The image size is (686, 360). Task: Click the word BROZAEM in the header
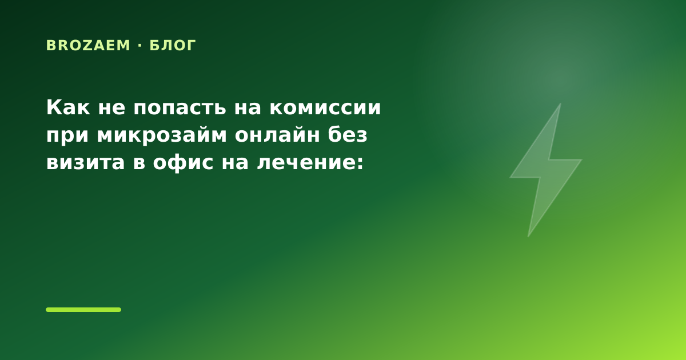click(x=88, y=46)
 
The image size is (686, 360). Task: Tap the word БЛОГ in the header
click(x=173, y=46)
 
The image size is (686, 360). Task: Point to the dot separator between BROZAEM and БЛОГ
click(x=140, y=45)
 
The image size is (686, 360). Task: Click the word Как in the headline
click(x=68, y=107)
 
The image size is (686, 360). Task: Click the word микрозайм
click(x=162, y=135)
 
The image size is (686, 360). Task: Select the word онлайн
click(x=277, y=135)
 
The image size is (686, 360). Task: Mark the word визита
click(x=85, y=162)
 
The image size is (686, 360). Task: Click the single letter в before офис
click(x=139, y=162)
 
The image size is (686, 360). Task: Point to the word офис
click(x=183, y=162)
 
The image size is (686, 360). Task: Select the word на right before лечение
click(x=235, y=162)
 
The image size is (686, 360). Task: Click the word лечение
click(x=306, y=162)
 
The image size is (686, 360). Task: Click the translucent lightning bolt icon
click(x=545, y=170)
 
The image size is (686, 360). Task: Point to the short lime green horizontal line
click(x=83, y=310)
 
